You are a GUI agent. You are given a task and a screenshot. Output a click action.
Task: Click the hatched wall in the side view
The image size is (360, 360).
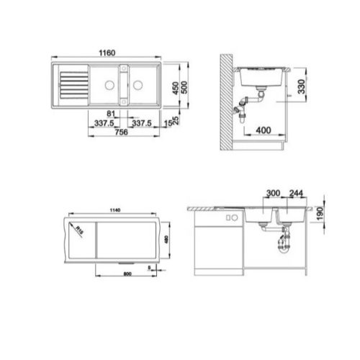(226, 101)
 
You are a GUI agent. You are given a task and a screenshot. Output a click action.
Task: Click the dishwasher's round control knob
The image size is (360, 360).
(228, 217)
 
